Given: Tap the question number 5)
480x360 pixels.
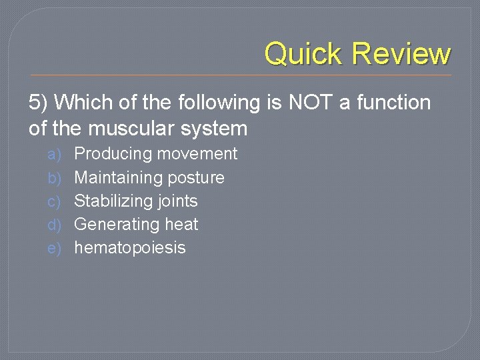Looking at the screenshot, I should click(x=39, y=103).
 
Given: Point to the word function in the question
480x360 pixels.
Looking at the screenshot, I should click(x=393, y=103).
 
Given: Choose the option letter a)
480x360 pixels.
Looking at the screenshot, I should click(x=54, y=154).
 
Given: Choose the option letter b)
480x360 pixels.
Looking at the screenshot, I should click(x=54, y=177).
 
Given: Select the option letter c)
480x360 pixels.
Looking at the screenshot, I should click(x=54, y=201).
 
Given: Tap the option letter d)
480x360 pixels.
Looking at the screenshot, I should click(x=54, y=224).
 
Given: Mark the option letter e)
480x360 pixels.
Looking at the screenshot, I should click(x=54, y=248).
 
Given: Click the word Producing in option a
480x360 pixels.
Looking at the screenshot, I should click(x=113, y=154).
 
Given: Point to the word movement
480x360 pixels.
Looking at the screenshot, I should click(x=197, y=154).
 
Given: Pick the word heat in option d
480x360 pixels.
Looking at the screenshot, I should click(x=182, y=224).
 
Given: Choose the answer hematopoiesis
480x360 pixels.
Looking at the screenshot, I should click(x=130, y=248).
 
